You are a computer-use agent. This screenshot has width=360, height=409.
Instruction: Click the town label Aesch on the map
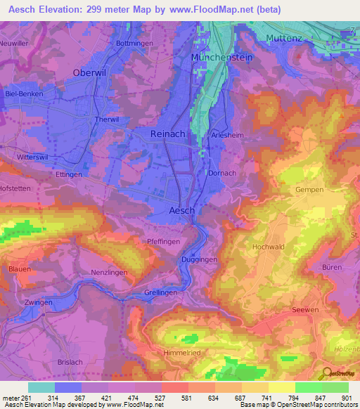pos(182,210)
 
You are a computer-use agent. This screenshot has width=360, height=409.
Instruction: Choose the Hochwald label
pos(269,247)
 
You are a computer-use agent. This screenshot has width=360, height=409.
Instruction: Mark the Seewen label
pos(304,310)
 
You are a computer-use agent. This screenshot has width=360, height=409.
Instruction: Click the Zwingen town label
pos(39,302)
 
